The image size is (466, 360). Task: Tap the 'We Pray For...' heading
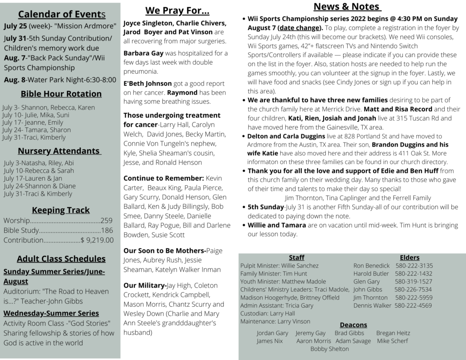177,10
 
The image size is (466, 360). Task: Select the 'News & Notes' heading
347,6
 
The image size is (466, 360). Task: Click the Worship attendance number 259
106,221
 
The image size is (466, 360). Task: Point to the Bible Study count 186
107,230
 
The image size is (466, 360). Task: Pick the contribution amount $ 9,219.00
97,240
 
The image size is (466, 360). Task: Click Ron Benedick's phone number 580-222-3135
414,266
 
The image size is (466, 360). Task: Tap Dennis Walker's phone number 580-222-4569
413,305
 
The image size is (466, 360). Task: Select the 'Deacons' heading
354,325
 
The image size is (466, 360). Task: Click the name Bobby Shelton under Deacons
329,349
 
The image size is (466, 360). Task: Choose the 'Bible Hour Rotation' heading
61,94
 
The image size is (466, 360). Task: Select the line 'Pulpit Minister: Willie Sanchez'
279,266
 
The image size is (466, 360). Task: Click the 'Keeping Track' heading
61,210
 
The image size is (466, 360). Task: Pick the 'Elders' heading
410,257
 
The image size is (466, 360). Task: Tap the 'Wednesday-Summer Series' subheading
51,313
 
